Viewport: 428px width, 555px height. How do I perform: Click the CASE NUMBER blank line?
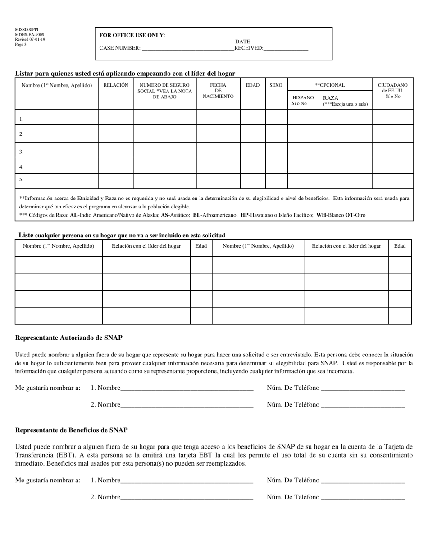point(187,48)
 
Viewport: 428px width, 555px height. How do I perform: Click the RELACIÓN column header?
point(116,85)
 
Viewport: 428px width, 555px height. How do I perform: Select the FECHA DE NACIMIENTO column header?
point(218,91)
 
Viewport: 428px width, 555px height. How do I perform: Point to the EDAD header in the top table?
point(252,85)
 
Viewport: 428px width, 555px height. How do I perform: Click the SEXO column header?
point(276,85)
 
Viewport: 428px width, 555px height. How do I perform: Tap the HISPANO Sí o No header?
point(303,100)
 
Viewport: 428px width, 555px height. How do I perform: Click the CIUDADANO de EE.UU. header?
point(392,90)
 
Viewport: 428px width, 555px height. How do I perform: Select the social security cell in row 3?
point(164,150)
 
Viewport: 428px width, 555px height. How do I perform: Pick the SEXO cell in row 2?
point(276,134)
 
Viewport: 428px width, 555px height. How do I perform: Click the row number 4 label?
point(21,167)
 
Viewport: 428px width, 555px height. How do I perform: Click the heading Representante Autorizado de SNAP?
point(68,338)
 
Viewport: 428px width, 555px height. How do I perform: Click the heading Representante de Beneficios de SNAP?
point(71,430)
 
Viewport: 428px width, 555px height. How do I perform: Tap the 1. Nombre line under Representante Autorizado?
point(187,388)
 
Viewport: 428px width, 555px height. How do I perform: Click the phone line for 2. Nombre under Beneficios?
point(363,497)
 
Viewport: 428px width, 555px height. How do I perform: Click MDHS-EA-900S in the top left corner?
point(30,35)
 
